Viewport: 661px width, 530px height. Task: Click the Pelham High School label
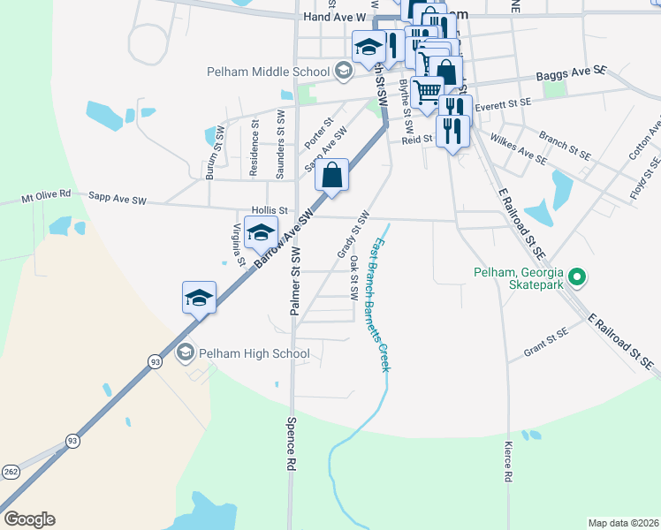click(255, 354)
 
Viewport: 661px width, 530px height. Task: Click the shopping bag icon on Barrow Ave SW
click(331, 174)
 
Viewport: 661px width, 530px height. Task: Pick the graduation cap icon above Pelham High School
click(200, 298)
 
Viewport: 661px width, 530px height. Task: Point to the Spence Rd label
click(291, 449)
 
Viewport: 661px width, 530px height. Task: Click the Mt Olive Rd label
click(47, 201)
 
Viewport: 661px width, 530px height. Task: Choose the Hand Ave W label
click(334, 17)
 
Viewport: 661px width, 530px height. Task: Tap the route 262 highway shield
click(11, 471)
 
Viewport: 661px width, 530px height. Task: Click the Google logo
click(29, 519)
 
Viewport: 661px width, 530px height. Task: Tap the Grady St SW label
click(352, 236)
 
